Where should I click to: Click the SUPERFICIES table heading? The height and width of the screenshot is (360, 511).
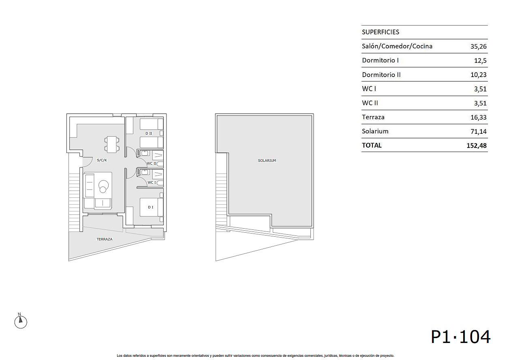pyautogui.click(x=380, y=32)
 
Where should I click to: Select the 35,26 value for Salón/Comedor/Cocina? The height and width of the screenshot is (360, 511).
pyautogui.click(x=478, y=47)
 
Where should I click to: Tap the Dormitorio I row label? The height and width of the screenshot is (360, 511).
pyautogui.click(x=380, y=60)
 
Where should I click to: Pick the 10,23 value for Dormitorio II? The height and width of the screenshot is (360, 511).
pyautogui.click(x=478, y=75)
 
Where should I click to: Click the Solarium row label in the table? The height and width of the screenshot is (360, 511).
pyautogui.click(x=375, y=131)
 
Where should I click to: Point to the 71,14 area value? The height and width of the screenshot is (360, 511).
pyautogui.click(x=478, y=131)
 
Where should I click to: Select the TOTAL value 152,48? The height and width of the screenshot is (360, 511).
pyautogui.click(x=476, y=146)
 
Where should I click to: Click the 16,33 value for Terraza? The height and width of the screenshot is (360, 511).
pyautogui.click(x=478, y=117)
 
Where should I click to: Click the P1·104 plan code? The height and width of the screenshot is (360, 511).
pyautogui.click(x=460, y=337)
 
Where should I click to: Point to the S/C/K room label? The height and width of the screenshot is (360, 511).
pyautogui.click(x=102, y=160)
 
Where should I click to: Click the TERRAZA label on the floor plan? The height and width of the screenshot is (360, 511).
pyautogui.click(x=105, y=239)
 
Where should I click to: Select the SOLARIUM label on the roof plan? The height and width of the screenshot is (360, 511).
pyautogui.click(x=267, y=161)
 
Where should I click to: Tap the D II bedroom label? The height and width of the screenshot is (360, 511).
pyautogui.click(x=149, y=133)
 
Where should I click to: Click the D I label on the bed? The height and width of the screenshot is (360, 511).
pyautogui.click(x=151, y=207)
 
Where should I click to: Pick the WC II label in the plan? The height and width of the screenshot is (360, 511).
pyautogui.click(x=152, y=163)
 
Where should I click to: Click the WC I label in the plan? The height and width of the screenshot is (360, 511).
pyautogui.click(x=152, y=182)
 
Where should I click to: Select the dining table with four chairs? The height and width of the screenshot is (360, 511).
pyautogui.click(x=111, y=144)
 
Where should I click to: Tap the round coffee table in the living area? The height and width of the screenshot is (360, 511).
pyautogui.click(x=103, y=186)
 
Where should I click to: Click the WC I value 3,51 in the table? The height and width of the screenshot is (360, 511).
pyautogui.click(x=480, y=89)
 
